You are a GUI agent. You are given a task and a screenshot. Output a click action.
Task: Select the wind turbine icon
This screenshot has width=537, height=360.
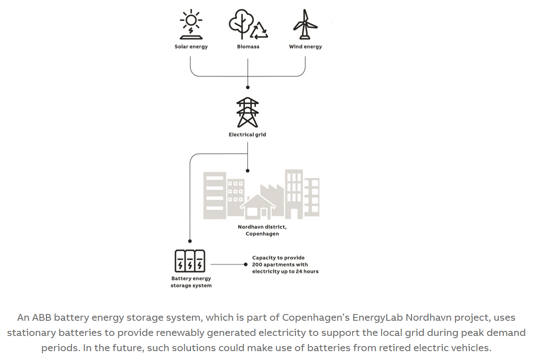pyautogui.click(x=305, y=24)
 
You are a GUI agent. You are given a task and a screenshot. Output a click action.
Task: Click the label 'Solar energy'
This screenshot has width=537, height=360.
pyautogui.click(x=191, y=46)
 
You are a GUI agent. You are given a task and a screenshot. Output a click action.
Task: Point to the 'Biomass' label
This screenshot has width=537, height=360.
pyautogui.click(x=248, y=46)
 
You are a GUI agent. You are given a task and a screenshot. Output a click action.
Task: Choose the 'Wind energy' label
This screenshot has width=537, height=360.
pyautogui.click(x=305, y=46)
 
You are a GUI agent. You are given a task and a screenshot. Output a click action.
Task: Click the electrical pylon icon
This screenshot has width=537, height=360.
pyautogui.click(x=247, y=112)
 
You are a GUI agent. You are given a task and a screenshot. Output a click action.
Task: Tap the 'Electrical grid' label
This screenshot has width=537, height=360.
pyautogui.click(x=247, y=135)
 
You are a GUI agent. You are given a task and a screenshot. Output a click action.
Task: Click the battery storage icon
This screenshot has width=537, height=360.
pyautogui.click(x=190, y=261)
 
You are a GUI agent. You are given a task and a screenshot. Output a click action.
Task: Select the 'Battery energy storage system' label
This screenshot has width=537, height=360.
pyautogui.click(x=191, y=282)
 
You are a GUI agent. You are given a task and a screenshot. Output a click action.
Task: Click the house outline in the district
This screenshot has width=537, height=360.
pyautogui.click(x=258, y=207)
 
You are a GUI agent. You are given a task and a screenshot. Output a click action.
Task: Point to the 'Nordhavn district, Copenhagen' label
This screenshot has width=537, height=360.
pyautogui.click(x=262, y=230)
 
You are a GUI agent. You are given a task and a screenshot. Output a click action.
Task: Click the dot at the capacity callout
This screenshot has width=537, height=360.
pyautogui.click(x=246, y=264)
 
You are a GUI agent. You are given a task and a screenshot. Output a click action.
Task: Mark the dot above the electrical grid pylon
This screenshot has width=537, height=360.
pyautogui.click(x=248, y=87)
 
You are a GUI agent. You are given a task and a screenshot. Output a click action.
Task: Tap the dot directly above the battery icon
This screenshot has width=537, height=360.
pyautogui.click(x=190, y=241)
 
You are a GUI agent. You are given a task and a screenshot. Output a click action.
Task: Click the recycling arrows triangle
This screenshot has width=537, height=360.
pyautogui.click(x=259, y=30)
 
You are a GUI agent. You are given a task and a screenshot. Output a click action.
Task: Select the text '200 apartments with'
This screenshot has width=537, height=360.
pyautogui.click(x=280, y=265)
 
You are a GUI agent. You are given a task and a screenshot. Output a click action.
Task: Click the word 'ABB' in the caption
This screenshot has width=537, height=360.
pyautogui.click(x=41, y=317)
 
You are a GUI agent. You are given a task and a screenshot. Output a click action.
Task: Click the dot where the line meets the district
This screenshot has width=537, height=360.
pyautogui.click(x=248, y=171)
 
